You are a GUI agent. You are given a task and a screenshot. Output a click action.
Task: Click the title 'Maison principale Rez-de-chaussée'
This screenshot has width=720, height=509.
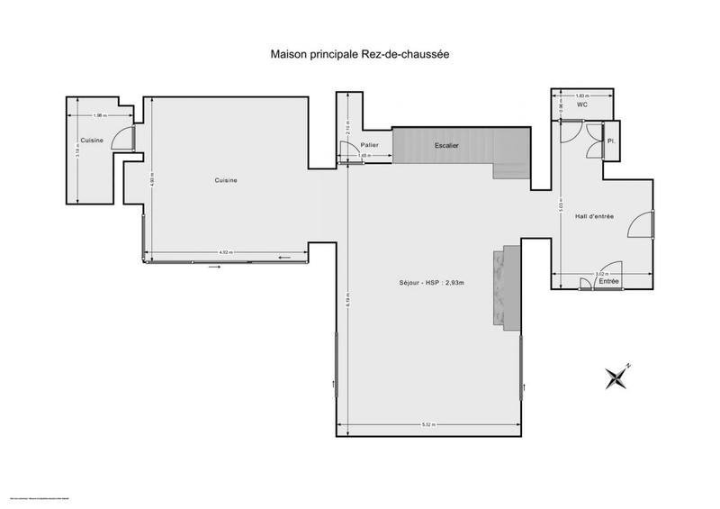tap(360, 54)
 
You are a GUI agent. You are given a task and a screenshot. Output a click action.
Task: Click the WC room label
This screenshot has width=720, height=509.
tap(582, 105)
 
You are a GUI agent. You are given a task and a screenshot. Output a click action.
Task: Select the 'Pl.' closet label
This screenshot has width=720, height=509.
tap(610, 141)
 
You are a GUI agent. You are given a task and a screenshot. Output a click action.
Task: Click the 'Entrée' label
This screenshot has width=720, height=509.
tap(609, 283)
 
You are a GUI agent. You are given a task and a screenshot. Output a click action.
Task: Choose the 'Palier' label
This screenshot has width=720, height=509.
tap(369, 145)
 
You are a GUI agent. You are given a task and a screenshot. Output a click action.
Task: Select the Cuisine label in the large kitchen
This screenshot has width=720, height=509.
tap(226, 181)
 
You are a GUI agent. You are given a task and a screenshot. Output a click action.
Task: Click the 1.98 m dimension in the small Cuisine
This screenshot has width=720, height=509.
tap(100, 114)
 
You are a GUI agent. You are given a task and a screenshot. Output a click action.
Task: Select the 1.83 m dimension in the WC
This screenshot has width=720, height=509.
tap(581, 95)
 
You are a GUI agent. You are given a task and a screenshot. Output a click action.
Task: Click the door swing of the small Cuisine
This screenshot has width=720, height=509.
tap(128, 139)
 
